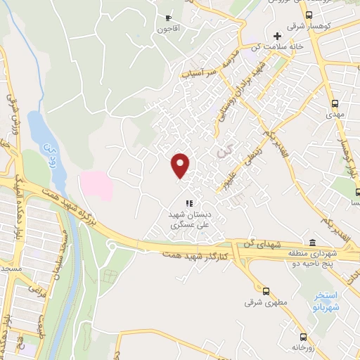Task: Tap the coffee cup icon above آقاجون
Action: (167, 18)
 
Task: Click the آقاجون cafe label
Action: (169, 29)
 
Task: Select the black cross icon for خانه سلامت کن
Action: (277, 36)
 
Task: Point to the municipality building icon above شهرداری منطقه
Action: (332, 243)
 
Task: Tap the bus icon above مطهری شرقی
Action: (265, 290)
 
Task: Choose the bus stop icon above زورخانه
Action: (303, 336)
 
